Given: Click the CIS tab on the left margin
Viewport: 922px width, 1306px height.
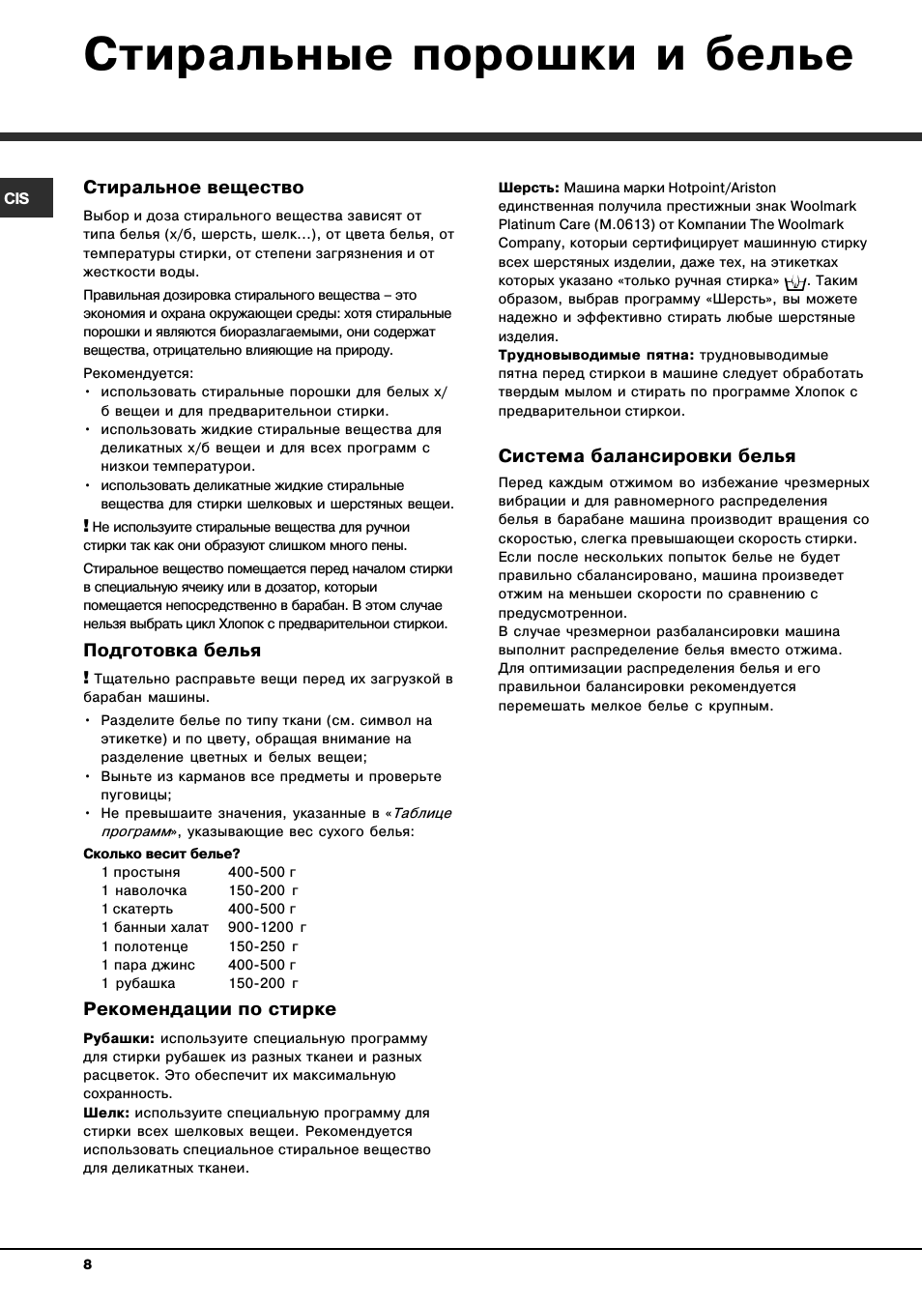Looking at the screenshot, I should (17, 198).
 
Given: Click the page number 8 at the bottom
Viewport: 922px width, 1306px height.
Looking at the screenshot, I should (87, 1264).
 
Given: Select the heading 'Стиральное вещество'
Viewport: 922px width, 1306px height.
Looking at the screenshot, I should (193, 188).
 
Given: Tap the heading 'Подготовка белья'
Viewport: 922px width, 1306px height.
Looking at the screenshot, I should (172, 651).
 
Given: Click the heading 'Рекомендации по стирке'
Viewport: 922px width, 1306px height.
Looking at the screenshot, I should (210, 1009).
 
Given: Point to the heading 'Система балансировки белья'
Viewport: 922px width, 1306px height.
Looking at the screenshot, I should (647, 456).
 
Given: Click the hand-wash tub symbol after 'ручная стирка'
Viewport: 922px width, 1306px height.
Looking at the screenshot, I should (795, 282).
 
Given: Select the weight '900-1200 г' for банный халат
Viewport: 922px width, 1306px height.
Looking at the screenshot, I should (267, 927).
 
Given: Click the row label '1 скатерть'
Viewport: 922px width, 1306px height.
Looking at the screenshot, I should (137, 909).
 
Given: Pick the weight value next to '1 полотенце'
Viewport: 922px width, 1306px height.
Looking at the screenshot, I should (263, 946).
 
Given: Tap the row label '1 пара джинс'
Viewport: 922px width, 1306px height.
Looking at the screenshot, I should (148, 965).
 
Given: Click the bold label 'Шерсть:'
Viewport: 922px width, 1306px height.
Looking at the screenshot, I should (529, 188).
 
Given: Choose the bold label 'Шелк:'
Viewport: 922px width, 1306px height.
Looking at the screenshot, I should (106, 1113).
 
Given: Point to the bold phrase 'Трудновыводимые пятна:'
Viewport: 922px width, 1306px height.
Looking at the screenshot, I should (596, 355).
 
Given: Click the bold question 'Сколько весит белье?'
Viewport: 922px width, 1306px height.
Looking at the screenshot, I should (161, 854).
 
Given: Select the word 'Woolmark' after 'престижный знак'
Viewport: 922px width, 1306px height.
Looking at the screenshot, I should (823, 206).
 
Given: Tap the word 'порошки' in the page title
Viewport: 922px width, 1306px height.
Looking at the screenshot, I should (524, 55).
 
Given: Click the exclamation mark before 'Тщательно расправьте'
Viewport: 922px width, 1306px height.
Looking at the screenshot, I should (86, 678).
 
